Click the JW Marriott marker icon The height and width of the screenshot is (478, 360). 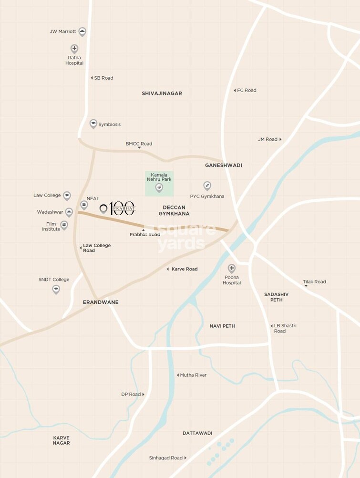click(x=82, y=31)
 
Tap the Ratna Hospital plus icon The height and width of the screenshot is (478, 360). click(x=74, y=49)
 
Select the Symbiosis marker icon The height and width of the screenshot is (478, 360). click(x=93, y=124)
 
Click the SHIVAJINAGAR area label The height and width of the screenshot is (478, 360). click(x=162, y=94)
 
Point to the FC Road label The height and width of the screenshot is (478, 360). click(x=247, y=90)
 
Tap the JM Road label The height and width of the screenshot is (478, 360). click(x=268, y=139)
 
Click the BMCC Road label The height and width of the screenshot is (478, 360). click(x=139, y=144)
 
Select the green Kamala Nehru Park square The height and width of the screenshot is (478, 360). click(x=159, y=184)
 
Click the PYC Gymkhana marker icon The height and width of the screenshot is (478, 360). click(x=207, y=186)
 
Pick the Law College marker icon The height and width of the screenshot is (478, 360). click(x=67, y=196)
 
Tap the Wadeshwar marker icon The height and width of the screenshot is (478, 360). click(x=69, y=212)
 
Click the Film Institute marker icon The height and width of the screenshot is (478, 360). click(x=64, y=225)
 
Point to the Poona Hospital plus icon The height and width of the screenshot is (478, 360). click(x=232, y=268)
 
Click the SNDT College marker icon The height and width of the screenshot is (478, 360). click(x=56, y=289)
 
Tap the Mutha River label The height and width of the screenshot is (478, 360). click(x=193, y=375)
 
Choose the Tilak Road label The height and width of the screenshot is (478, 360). click(x=314, y=281)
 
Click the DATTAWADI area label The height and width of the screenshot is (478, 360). click(x=197, y=433)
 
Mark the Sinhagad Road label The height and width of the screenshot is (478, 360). click(x=165, y=458)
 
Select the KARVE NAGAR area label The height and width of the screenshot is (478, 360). click(x=62, y=440)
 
